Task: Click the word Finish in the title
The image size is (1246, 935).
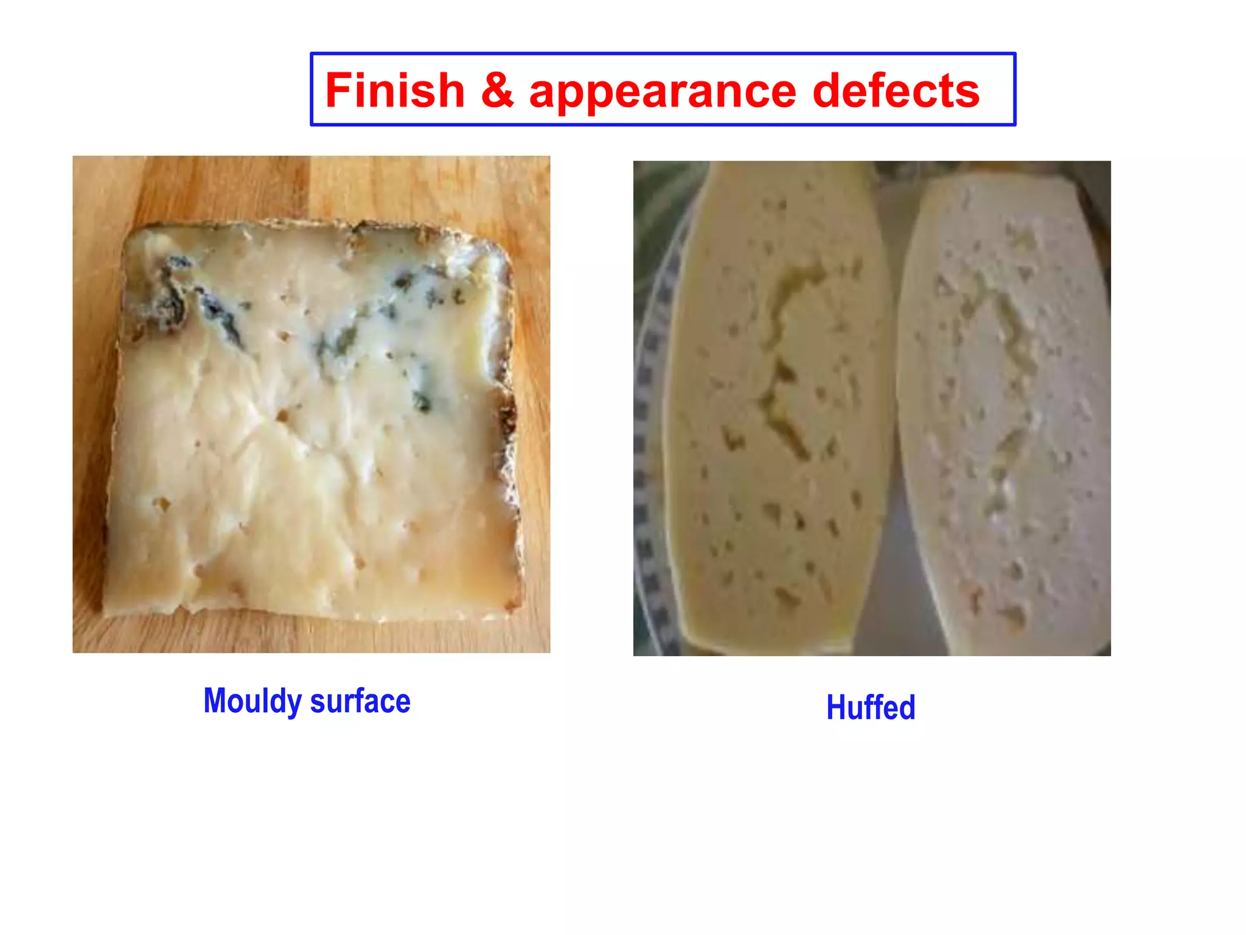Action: coord(395,91)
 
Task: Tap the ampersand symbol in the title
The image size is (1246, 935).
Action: coord(497,91)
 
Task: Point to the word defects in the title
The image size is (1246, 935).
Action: coord(896,91)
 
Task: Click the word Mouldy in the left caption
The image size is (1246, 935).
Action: coord(252,701)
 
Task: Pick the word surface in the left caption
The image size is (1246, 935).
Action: coord(360,701)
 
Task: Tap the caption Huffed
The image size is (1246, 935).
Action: coord(870,707)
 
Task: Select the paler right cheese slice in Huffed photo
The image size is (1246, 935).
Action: coord(1004,487)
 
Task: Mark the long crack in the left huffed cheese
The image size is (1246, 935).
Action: coord(785,353)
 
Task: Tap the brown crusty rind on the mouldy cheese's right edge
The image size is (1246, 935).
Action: coord(508,426)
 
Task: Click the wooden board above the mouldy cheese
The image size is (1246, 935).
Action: coord(304,186)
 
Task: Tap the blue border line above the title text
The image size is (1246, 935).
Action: coord(663,54)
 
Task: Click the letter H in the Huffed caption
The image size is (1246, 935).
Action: coord(836,707)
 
